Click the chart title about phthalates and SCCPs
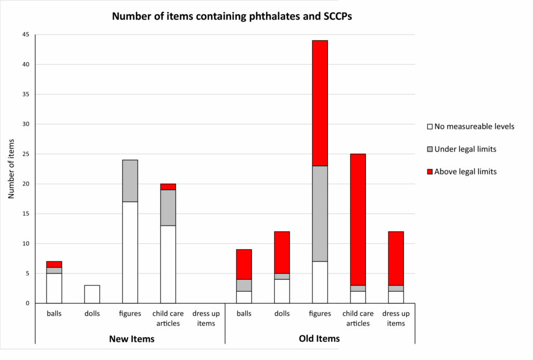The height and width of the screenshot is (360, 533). [232, 16]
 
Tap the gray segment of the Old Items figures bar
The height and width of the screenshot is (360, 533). [320, 214]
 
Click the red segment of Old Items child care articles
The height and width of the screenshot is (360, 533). [358, 219]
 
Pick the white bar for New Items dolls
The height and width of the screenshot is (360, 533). [92, 294]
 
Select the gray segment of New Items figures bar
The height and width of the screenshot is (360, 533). [130, 180]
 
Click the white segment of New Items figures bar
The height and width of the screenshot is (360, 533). [130, 252]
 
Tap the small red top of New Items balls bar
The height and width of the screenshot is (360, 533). [54, 264]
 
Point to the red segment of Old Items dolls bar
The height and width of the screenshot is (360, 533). [282, 252]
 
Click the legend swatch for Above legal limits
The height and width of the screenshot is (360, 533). [429, 172]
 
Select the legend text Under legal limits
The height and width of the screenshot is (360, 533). [465, 149]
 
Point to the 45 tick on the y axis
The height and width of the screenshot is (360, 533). [26, 35]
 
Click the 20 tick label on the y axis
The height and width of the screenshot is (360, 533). [26, 184]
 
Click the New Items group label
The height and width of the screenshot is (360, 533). [131, 339]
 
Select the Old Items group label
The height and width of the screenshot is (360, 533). [319, 339]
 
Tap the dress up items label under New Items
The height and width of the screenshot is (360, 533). [206, 318]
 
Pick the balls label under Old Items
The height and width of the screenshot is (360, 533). [244, 314]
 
